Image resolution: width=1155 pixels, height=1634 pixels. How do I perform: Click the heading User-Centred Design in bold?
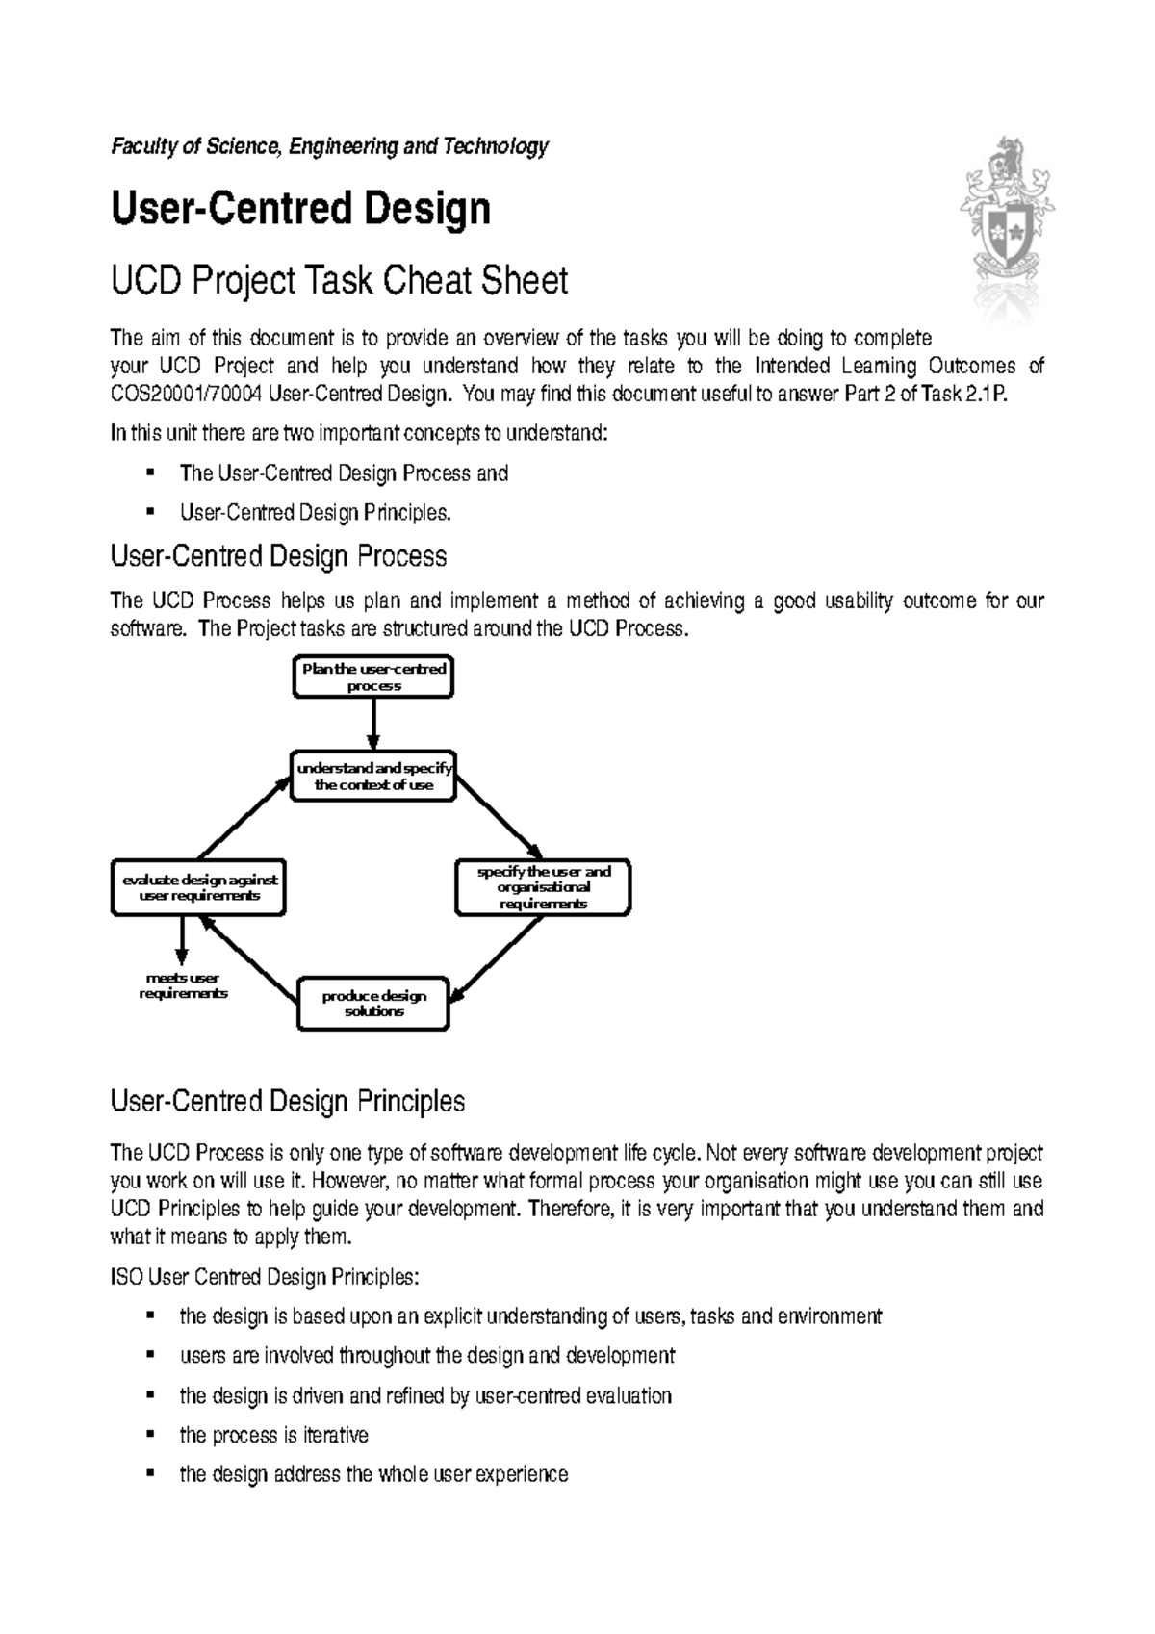pyautogui.click(x=301, y=209)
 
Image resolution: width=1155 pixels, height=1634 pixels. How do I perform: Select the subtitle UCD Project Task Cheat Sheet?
pyautogui.click(x=339, y=281)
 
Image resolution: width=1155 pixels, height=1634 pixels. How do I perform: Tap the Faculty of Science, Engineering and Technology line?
pyautogui.click(x=329, y=146)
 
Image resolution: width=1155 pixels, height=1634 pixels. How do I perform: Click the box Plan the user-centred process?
pyautogui.click(x=372, y=677)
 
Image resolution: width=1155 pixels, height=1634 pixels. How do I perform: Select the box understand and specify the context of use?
pyautogui.click(x=373, y=777)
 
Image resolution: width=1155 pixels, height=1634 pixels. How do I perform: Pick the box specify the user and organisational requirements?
pyautogui.click(x=543, y=887)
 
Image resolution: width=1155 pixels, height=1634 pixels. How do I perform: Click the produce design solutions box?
pyautogui.click(x=373, y=1004)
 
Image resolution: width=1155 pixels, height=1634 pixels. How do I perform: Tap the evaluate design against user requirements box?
pyautogui.click(x=199, y=887)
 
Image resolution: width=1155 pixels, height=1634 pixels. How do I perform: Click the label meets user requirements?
pyautogui.click(x=183, y=985)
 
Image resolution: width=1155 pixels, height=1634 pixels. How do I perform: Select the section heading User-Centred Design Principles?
pyautogui.click(x=288, y=1101)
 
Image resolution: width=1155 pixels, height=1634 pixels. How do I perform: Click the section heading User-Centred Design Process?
pyautogui.click(x=279, y=556)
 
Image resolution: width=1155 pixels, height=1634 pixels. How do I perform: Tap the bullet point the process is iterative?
pyautogui.click(x=273, y=1435)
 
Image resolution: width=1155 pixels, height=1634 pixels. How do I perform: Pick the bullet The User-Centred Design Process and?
pyautogui.click(x=344, y=473)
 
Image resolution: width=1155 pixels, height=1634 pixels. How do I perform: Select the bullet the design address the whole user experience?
pyautogui.click(x=373, y=1474)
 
